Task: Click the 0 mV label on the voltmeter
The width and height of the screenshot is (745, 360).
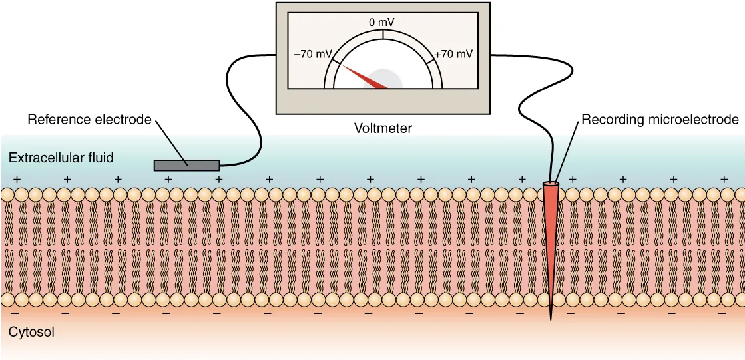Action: [382, 23]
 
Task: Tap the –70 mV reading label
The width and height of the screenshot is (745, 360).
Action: [312, 54]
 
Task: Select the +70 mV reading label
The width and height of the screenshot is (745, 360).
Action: [453, 54]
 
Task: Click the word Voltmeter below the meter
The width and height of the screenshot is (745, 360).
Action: [383, 128]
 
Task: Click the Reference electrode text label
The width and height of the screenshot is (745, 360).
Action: [90, 120]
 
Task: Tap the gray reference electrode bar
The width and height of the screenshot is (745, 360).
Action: [186, 164]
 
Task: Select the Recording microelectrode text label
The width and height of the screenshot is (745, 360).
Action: [660, 120]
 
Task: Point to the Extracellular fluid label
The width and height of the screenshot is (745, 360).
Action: [61, 158]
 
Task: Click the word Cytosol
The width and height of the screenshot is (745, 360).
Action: [31, 331]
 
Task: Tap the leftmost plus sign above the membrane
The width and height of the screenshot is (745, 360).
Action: [17, 179]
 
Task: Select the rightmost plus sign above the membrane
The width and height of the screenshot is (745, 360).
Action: [724, 179]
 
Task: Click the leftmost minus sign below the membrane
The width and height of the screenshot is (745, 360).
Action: [15, 311]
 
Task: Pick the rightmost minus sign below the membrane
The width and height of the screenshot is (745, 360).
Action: [722, 311]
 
